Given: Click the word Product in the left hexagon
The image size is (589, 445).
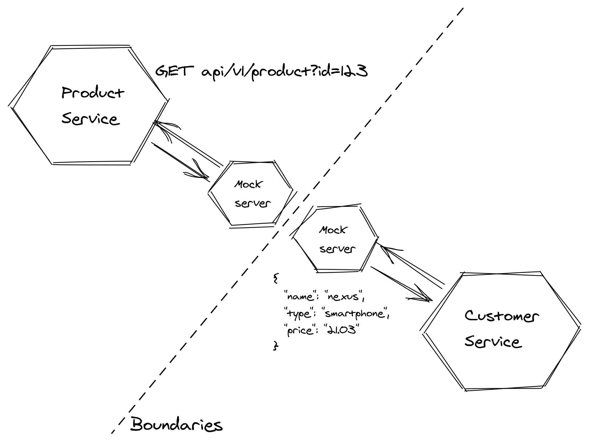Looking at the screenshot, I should (93, 93).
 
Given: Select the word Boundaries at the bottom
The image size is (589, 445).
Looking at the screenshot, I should (176, 425).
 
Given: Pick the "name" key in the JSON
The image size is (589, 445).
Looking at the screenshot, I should (299, 297).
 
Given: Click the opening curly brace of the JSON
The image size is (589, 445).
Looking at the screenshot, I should (276, 279).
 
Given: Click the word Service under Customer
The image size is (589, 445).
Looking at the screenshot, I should (493, 342).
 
